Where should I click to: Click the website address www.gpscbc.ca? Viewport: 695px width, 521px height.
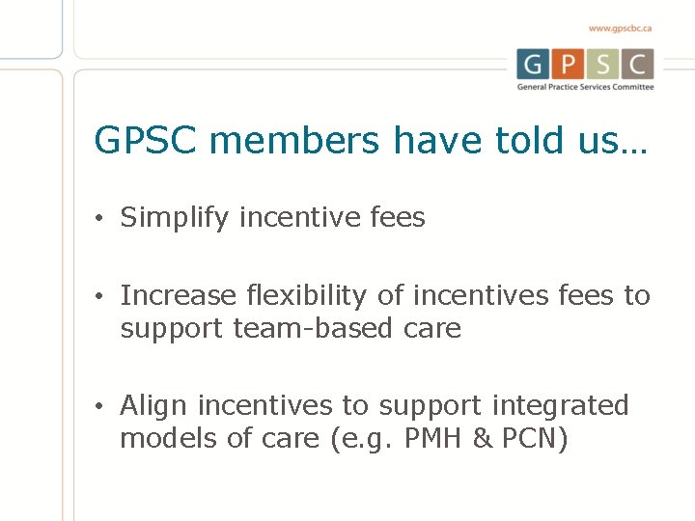click(620, 28)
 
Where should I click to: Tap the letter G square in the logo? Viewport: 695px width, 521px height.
click(535, 65)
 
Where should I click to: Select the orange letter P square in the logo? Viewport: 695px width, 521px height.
click(569, 65)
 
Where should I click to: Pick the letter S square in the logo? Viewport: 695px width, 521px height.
click(602, 65)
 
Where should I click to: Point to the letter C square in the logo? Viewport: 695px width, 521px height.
click(636, 65)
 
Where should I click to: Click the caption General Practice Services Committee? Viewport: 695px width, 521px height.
click(585, 87)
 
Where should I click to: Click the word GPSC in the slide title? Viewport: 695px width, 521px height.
click(145, 141)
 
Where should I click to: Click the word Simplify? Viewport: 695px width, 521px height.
click(175, 219)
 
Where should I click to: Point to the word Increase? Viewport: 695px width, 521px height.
click(178, 295)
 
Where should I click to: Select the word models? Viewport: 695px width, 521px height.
click(166, 438)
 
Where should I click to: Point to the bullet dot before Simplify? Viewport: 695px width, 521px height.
click(100, 219)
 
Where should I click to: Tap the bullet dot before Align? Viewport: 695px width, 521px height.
click(100, 405)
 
